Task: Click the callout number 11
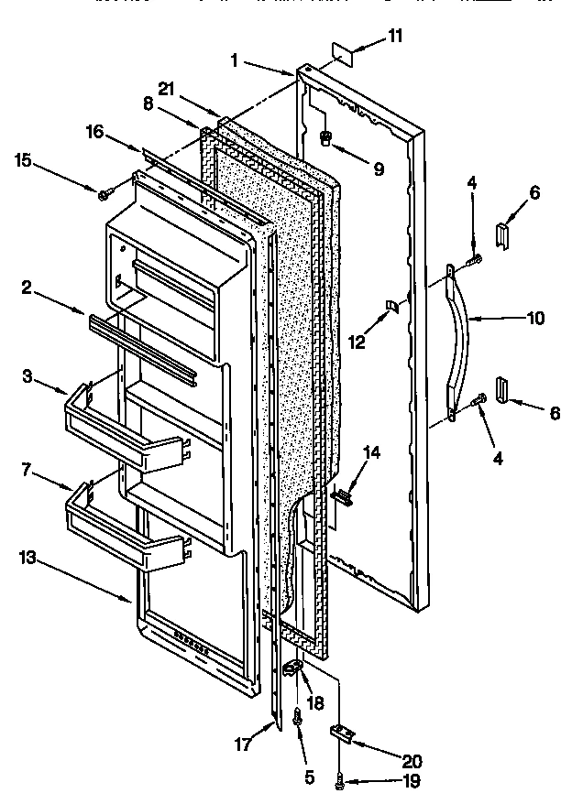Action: pos(395,37)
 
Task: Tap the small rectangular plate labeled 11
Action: pos(342,58)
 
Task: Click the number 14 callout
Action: pos(371,451)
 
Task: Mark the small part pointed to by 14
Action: pos(343,495)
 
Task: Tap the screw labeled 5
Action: pos(297,720)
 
